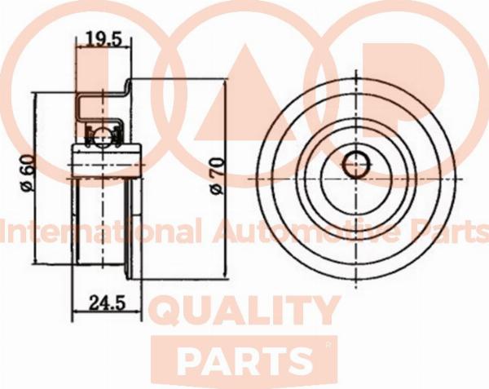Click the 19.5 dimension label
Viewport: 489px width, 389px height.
tap(103, 38)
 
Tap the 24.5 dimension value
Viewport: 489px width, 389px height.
tap(108, 303)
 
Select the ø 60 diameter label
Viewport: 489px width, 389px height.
tap(27, 173)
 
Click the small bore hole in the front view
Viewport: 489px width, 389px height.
tap(357, 165)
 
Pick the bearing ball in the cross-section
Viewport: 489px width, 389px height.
tap(103, 136)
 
